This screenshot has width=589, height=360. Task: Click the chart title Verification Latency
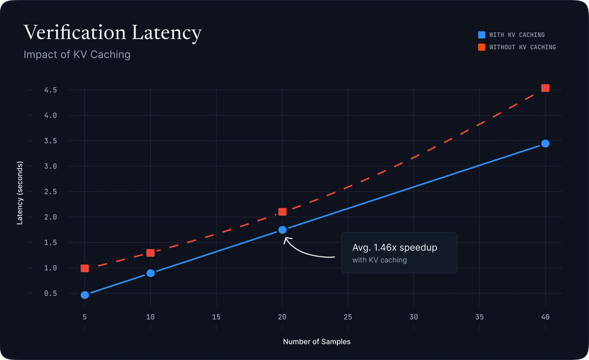point(112,33)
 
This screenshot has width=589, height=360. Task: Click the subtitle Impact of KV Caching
point(77,55)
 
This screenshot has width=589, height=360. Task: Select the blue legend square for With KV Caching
point(482,35)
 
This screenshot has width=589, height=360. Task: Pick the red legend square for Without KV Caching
point(482,47)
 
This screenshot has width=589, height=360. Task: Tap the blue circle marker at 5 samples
point(85,295)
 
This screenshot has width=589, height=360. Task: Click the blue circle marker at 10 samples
point(151,273)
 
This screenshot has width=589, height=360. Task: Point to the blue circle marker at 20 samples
point(282,229)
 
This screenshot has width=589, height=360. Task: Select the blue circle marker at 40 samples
point(545,143)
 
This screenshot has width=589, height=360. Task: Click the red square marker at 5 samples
point(85,268)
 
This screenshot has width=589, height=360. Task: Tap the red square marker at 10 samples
point(151,253)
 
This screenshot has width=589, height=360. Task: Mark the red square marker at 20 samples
point(282,212)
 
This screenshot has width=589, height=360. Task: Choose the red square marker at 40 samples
point(545,88)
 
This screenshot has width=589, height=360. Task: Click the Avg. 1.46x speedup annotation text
point(395,248)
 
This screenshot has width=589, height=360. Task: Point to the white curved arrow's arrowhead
point(286,239)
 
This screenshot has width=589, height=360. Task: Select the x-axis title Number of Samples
point(317,341)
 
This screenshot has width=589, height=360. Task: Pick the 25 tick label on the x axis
point(348,317)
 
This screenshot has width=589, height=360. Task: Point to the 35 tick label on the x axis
point(479,317)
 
